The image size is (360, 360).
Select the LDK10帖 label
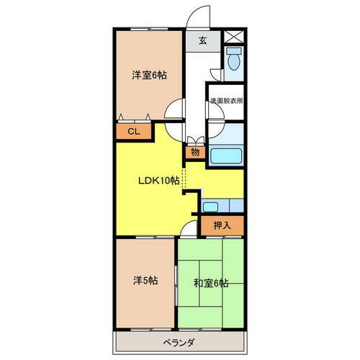coord(158,181)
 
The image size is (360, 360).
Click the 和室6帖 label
coord(211,283)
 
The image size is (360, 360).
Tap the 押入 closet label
coord(222,225)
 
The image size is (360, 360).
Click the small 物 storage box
coord(194,151)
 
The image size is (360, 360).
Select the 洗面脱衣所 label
coord(226,101)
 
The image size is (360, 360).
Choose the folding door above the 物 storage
coord(193,140)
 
